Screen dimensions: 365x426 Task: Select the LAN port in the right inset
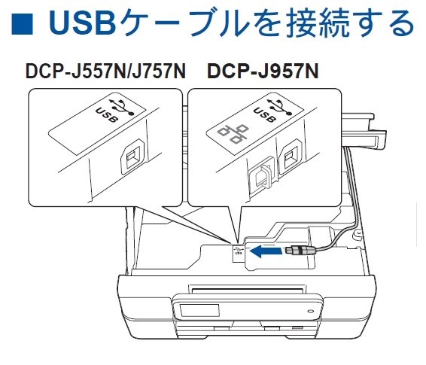point(260,175)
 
